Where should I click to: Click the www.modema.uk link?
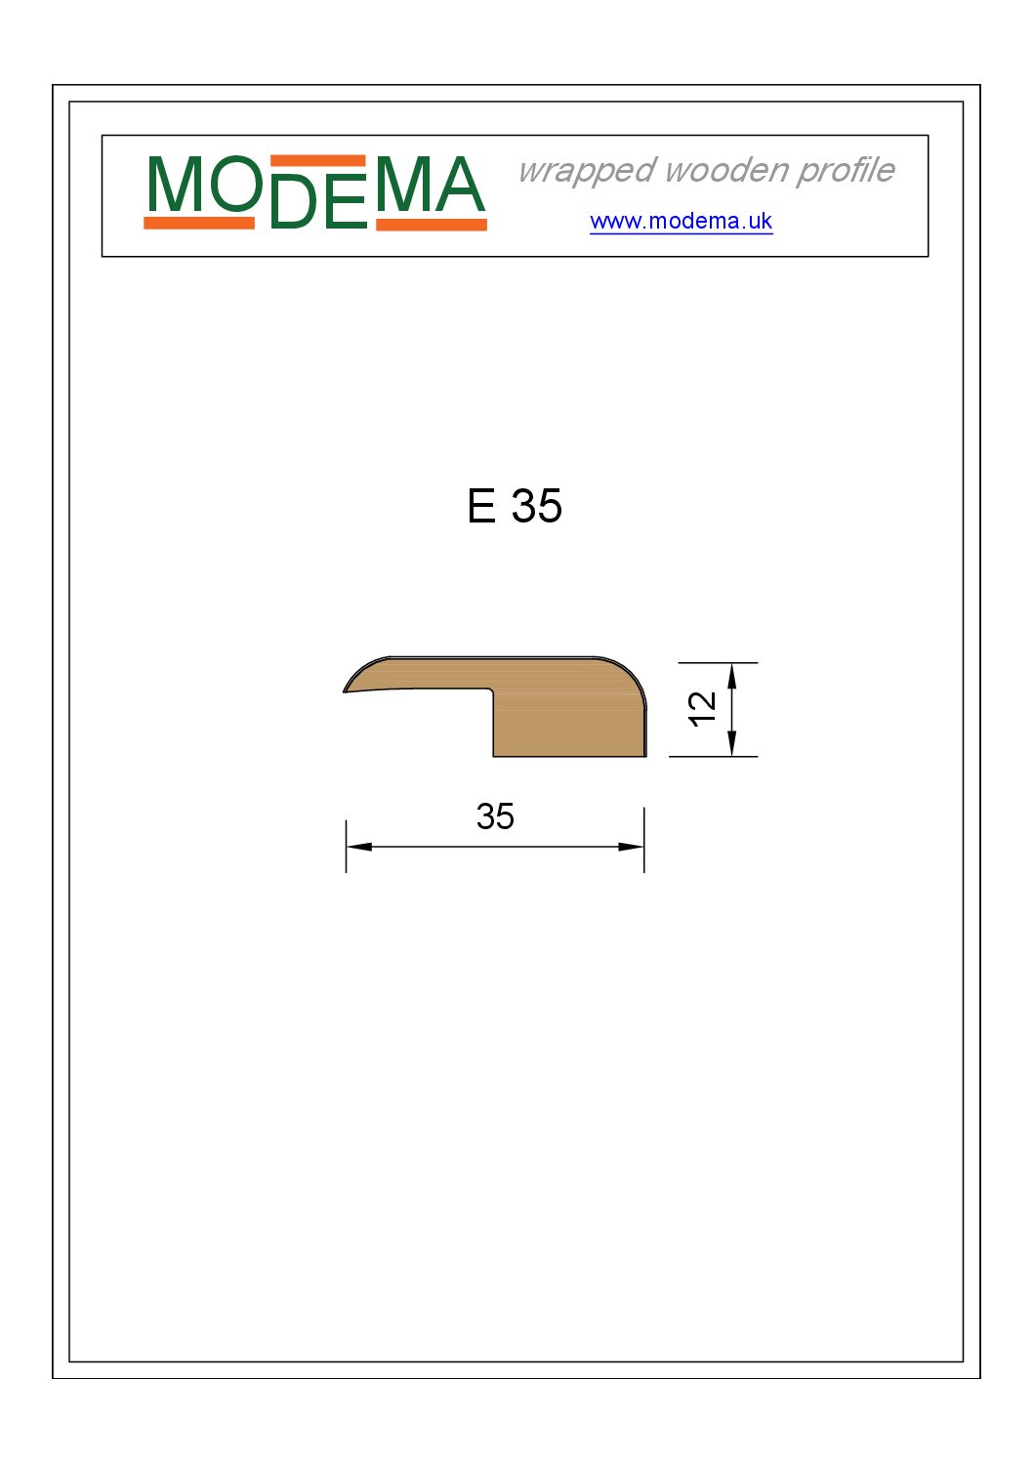[681, 222]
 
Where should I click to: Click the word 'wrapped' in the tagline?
[587, 172]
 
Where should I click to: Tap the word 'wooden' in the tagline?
[725, 170]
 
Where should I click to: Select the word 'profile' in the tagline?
[846, 172]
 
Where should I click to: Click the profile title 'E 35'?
[515, 506]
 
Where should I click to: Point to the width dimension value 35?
[495, 816]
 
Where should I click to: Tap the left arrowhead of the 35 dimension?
[359, 847]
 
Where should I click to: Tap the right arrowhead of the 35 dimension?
[631, 847]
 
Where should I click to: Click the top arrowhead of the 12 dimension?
[731, 676]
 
